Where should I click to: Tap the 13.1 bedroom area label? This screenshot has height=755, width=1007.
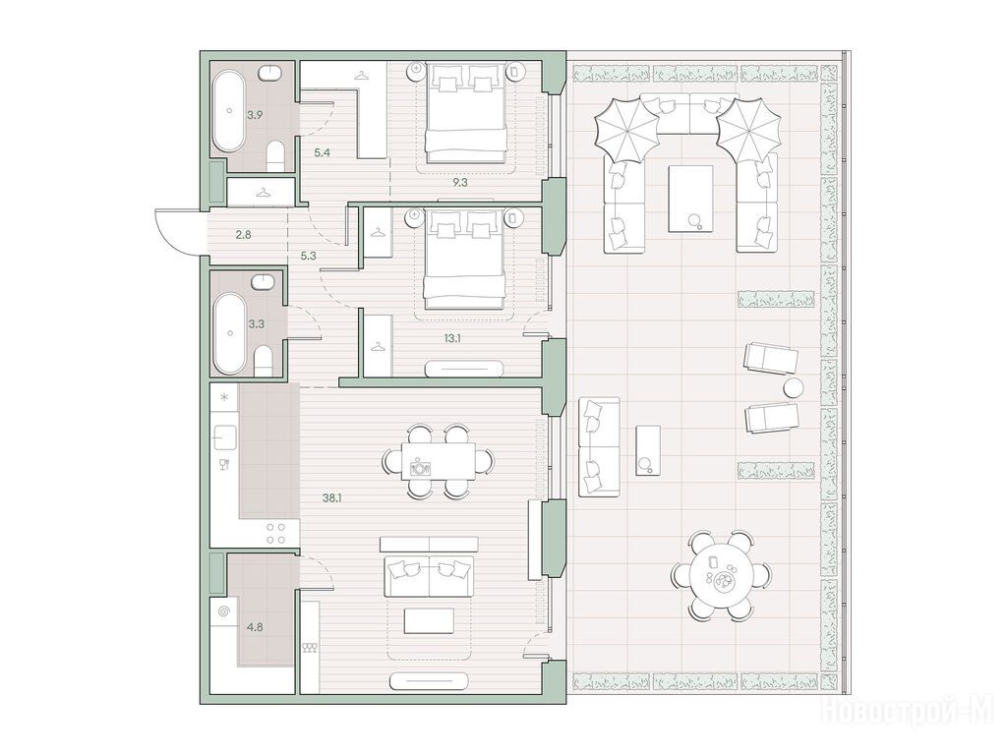pos(452,338)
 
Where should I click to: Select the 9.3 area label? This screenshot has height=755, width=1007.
pos(459,182)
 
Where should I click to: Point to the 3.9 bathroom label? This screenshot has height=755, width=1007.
pos(255,116)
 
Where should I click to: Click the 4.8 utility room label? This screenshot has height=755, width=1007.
pos(255,627)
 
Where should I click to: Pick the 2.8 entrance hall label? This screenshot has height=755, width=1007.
pos(243,234)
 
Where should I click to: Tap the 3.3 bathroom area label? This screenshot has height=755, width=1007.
pos(256,324)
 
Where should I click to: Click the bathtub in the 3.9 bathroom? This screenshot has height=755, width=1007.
pos(228,112)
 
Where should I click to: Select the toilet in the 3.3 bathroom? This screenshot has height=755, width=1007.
pos(264,362)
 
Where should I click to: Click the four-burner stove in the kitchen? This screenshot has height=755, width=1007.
pos(276,534)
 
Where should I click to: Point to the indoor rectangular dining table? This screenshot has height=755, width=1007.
pos(439,461)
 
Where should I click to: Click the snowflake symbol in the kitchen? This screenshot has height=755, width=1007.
pos(223,397)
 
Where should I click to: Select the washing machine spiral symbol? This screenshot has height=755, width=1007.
pos(223,611)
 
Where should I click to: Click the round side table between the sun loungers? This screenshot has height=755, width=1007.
pos(794,387)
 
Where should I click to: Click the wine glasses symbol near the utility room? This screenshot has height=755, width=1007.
pos(310,648)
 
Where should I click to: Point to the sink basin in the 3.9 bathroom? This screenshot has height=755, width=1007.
pos(271,73)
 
